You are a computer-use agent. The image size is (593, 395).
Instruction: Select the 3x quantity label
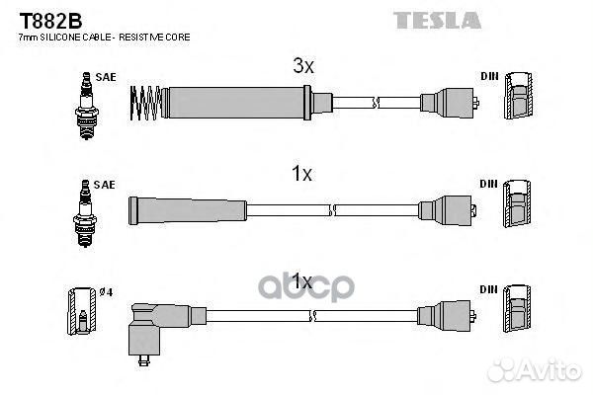(x=302, y=67)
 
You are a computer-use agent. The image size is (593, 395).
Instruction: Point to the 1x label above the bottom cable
(x=301, y=282)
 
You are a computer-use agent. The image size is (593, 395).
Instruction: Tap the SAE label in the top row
(x=105, y=76)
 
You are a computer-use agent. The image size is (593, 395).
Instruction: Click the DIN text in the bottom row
(x=488, y=288)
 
